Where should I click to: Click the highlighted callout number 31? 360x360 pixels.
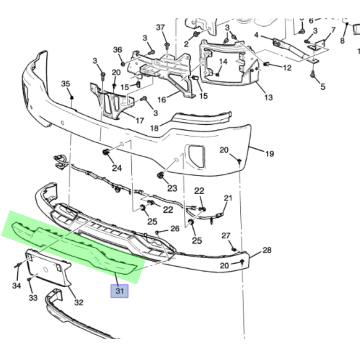tap(120, 291)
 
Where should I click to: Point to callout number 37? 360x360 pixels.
tap(160, 27)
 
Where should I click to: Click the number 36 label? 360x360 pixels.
tap(117, 50)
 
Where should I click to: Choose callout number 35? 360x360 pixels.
tap(66, 84)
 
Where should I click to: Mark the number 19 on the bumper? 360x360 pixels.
tap(270, 154)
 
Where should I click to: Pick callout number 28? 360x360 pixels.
tap(267, 250)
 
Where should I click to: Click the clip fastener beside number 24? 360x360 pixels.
tap(105, 152)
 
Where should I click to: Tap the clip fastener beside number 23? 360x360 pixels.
tap(160, 175)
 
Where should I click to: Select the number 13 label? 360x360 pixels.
tap(268, 97)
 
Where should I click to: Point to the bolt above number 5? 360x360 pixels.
tap(312, 74)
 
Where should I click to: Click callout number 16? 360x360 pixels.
tap(161, 100)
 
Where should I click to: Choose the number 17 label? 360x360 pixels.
tap(140, 121)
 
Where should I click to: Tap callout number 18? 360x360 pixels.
tap(155, 128)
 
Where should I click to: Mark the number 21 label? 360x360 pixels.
tap(229, 198)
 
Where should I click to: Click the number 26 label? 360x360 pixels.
tap(175, 229)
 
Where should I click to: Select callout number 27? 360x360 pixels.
tap(226, 235)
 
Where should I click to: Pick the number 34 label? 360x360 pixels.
tap(17, 285)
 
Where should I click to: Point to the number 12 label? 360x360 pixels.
tap(287, 67)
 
